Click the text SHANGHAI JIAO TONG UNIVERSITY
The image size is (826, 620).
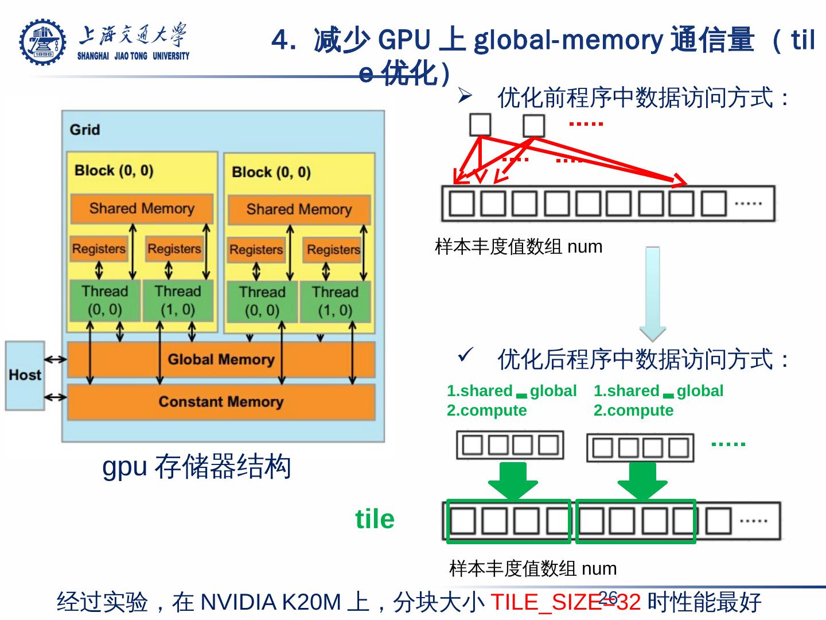[x=133, y=56]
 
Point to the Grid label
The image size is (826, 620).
[x=85, y=130]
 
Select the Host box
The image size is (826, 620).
[x=25, y=375]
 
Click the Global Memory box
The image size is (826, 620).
[x=221, y=360]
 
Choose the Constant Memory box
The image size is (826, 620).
[x=221, y=402]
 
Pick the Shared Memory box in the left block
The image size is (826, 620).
[x=142, y=208]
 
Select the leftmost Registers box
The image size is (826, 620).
[x=99, y=249]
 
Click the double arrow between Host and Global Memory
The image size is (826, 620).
[x=56, y=360]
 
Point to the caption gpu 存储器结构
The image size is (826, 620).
[x=197, y=466]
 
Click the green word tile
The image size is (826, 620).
[x=375, y=519]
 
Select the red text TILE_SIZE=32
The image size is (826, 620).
[x=565, y=602]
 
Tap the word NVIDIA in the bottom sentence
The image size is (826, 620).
[x=239, y=602]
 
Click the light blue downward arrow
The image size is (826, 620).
[x=653, y=293]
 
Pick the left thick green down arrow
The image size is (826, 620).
[x=513, y=480]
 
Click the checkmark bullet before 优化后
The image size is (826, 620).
[x=465, y=355]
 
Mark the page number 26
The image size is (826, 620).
[x=607, y=595]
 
